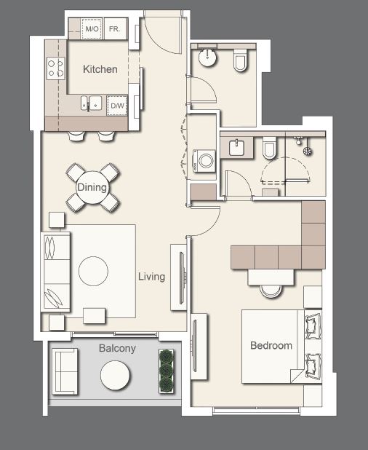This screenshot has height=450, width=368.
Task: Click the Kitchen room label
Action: [x=100, y=69]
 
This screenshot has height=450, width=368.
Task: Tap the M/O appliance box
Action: [x=92, y=29]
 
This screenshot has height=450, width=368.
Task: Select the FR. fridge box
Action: [x=115, y=29]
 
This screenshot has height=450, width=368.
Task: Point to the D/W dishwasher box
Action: [x=116, y=106]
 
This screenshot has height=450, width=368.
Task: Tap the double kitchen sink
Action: [x=90, y=104]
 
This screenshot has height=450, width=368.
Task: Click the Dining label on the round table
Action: [x=92, y=188]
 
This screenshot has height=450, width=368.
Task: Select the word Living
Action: [x=151, y=277]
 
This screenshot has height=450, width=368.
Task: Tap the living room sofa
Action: [x=56, y=272]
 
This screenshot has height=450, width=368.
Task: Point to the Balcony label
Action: [x=117, y=349]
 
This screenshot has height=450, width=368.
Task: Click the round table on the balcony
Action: [x=115, y=376]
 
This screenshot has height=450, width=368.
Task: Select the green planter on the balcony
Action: [x=167, y=371]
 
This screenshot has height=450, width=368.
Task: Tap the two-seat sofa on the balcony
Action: [x=65, y=371]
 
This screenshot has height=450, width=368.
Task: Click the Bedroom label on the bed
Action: [x=271, y=345]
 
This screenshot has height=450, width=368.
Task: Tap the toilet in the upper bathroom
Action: [x=241, y=64]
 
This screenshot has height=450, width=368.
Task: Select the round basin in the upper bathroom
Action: [x=209, y=58]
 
